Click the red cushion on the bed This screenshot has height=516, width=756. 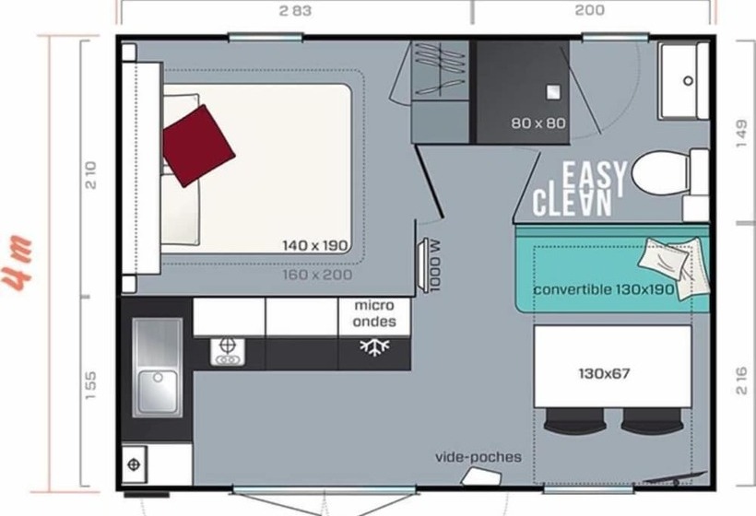(198, 146)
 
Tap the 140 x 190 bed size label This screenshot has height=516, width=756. (314, 246)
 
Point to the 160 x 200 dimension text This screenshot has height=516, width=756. (317, 276)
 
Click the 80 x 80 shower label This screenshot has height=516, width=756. (538, 123)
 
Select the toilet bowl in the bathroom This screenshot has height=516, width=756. (660, 173)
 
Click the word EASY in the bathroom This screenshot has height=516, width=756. (595, 177)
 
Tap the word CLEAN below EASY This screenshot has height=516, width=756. (572, 202)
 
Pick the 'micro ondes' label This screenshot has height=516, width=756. (374, 313)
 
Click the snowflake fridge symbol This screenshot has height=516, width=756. (374, 346)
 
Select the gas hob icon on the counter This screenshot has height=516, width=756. (228, 352)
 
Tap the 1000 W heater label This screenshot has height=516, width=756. (435, 265)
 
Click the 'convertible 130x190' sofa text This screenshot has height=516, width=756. (604, 290)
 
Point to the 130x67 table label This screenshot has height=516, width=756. (604, 373)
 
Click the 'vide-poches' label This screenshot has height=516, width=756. (478, 457)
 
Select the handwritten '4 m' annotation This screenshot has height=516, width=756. (18, 263)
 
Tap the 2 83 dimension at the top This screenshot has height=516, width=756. (295, 11)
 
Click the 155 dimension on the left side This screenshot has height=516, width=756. (90, 385)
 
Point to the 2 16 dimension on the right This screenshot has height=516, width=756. (742, 381)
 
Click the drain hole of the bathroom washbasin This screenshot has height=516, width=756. (689, 81)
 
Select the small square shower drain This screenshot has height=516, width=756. (553, 92)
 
